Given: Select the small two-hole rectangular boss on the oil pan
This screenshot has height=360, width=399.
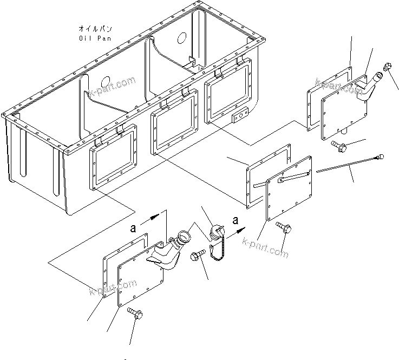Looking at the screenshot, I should pyautogui.click(x=238, y=117).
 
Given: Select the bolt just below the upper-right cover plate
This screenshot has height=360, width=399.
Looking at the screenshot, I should pyautogui.click(x=337, y=145).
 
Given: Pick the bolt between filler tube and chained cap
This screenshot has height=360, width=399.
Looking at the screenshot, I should pyautogui.click(x=198, y=256).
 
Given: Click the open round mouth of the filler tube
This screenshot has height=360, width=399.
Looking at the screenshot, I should pyautogui.click(x=182, y=236).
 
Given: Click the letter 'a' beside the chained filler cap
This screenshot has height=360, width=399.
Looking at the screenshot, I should pyautogui.click(x=235, y=220).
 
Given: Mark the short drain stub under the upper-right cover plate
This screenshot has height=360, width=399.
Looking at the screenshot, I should pyautogui.click(x=344, y=130).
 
